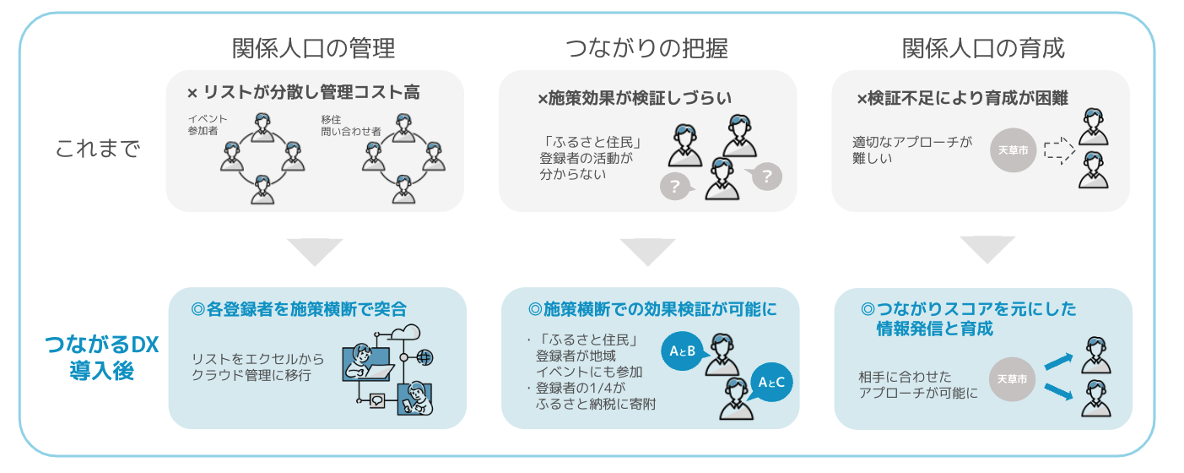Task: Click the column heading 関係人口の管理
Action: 313,48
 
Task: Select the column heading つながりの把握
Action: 646,48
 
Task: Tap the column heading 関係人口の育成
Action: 982,48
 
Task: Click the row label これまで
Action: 97,150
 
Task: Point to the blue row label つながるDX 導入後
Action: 101,357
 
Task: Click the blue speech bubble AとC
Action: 771,383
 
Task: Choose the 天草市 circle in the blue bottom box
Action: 1012,379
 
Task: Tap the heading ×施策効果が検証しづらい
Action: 634,99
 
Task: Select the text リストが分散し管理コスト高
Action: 310,93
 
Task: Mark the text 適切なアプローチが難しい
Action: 911,150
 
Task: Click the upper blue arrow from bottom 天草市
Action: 1061,362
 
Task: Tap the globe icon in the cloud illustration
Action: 424,358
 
